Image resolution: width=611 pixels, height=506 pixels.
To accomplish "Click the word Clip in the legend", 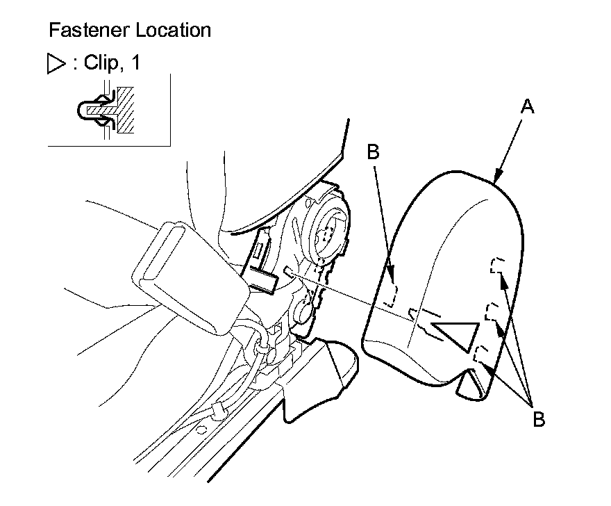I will coord(99,63).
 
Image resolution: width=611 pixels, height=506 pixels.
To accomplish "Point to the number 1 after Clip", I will coord(135,63).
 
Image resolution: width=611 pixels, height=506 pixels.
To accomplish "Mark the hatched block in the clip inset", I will coord(126,111).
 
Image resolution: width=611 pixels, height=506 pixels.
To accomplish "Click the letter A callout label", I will coord(528,106).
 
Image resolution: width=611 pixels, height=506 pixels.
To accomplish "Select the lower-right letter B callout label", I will coord(539,419).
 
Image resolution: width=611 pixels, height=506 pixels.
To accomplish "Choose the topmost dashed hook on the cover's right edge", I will coord(496,265).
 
